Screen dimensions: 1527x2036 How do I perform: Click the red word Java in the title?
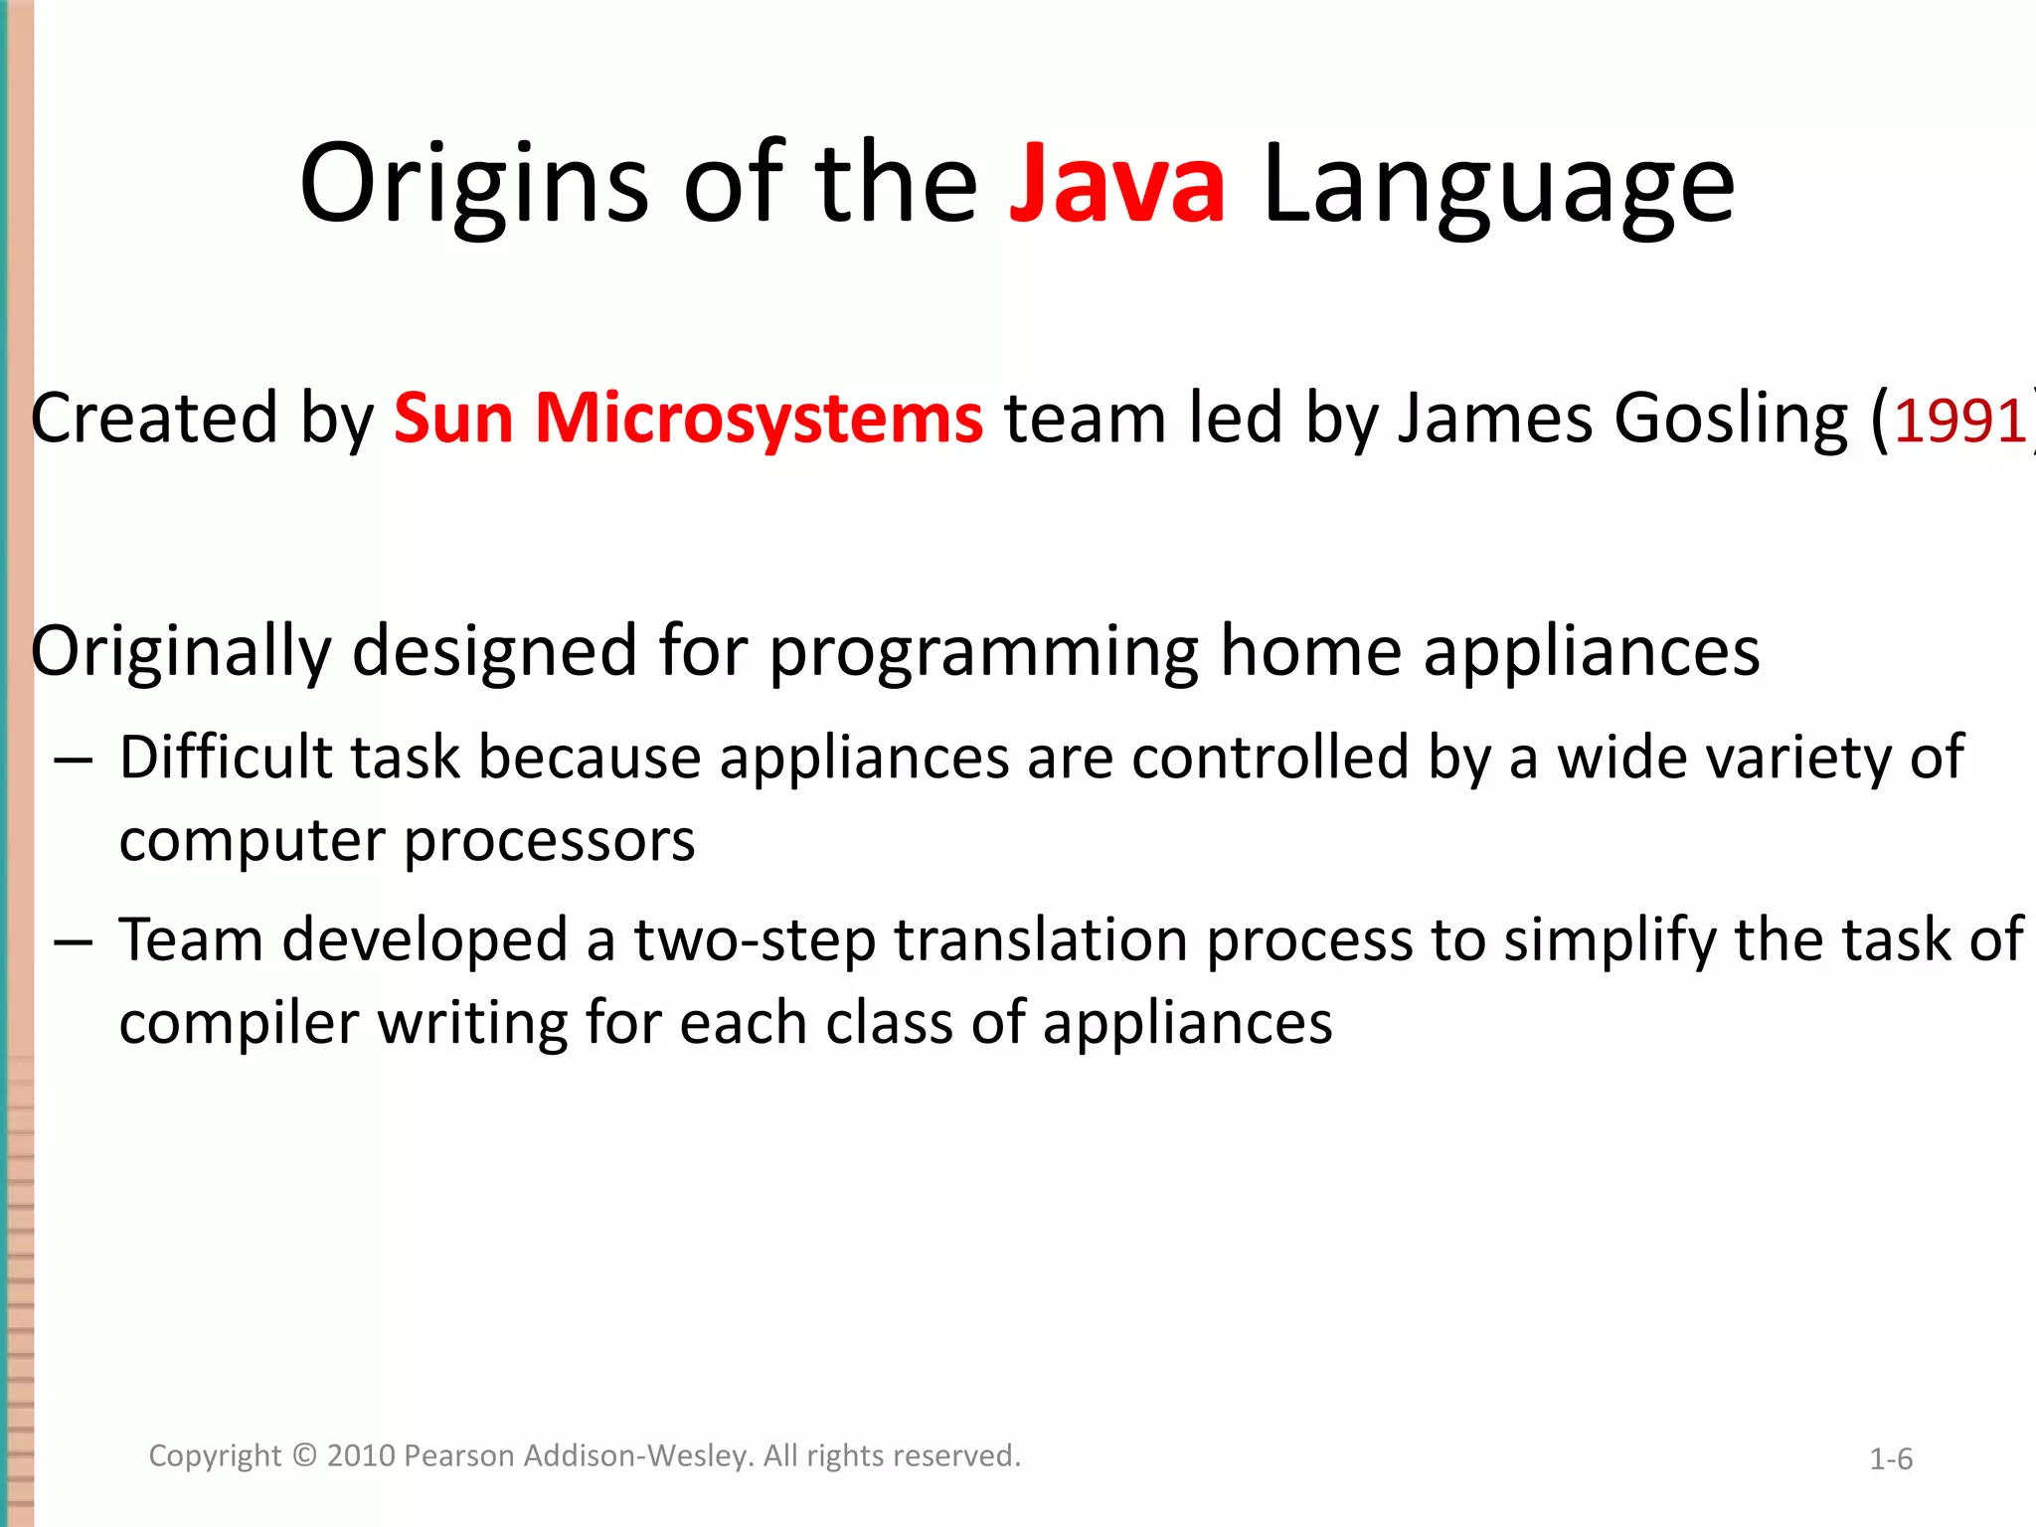coord(1117,185)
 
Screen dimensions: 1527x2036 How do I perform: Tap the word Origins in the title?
coord(474,185)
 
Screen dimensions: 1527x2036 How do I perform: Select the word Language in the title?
coord(1498,185)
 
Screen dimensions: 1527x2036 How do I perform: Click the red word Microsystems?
coord(760,418)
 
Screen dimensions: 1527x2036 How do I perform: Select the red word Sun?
coord(453,418)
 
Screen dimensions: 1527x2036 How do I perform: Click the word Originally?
coord(181,652)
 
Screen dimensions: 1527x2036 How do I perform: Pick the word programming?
coord(984,652)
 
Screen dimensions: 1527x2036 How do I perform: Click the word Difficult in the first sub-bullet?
coord(226,758)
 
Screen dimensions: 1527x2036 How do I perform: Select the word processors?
coord(549,841)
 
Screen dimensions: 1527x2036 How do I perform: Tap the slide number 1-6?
coord(1891,1459)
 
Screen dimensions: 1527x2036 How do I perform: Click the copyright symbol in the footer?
coord(304,1455)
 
